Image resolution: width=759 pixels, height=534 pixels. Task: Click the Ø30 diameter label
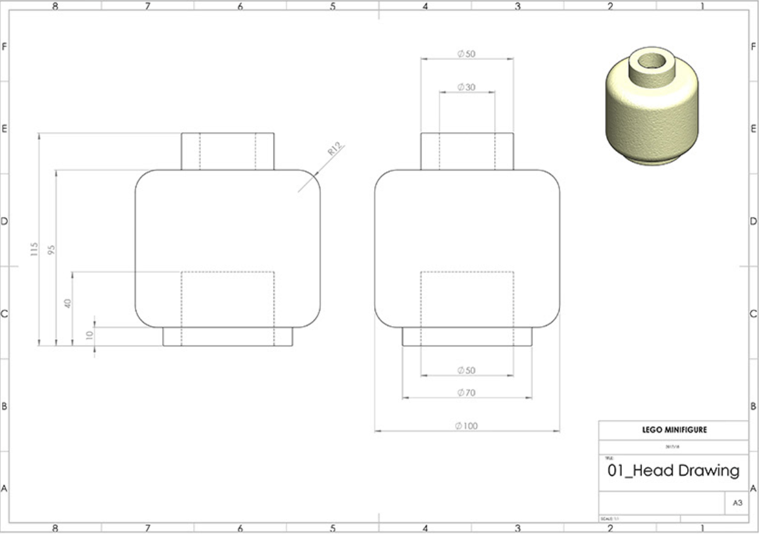coord(467,87)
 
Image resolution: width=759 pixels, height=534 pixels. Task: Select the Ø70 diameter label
coord(467,393)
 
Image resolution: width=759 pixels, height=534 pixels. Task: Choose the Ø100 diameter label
coord(467,426)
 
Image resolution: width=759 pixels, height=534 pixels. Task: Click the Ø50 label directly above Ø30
coord(467,54)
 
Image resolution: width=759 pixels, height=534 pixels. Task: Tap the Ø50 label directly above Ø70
coord(467,370)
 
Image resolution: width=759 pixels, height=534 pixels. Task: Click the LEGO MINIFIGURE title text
coord(673,430)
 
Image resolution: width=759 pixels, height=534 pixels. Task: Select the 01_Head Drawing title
coord(673,471)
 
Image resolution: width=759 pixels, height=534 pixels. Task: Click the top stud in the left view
coord(227,151)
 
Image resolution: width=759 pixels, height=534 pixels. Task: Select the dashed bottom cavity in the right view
coord(467,299)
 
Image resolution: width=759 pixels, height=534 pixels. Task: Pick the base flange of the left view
coord(227,336)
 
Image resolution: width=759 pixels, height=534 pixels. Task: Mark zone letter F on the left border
coord(4,46)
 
